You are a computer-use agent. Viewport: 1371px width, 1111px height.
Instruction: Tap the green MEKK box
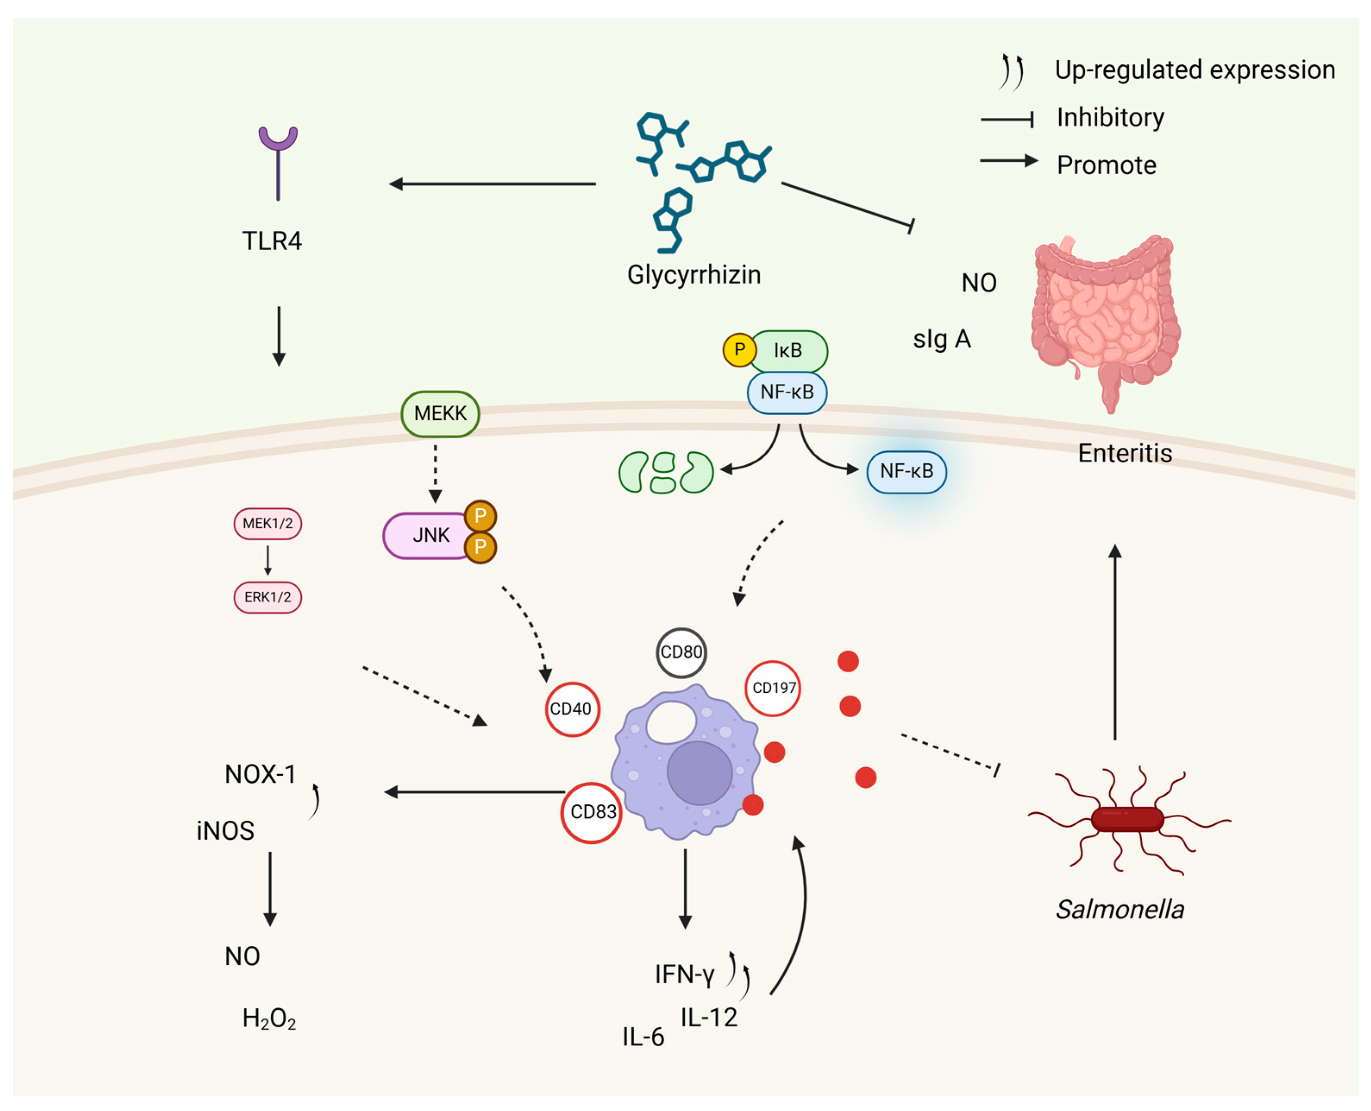coord(440,414)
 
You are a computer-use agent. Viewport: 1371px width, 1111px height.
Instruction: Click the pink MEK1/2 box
coord(267,524)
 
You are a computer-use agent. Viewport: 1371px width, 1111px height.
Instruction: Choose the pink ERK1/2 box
coord(267,597)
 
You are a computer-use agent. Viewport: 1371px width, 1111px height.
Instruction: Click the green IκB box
coord(788,351)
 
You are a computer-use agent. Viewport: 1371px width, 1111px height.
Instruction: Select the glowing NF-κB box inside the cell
coord(907,472)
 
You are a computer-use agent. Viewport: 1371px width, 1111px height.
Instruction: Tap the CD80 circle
coord(681,652)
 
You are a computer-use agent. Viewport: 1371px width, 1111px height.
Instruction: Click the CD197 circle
coord(773,688)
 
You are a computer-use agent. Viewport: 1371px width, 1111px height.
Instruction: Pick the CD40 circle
coord(572,709)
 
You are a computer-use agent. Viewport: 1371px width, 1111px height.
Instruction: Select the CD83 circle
coord(592,812)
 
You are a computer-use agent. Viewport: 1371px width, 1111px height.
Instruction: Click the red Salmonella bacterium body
coord(1127,819)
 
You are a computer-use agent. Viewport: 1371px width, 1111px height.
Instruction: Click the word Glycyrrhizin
coord(694,275)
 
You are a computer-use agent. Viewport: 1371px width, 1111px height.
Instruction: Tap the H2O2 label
coord(269,1018)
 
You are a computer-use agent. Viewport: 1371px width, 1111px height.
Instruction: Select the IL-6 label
coord(643,1037)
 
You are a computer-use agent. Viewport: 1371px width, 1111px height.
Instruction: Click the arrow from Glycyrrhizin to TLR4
coord(493,184)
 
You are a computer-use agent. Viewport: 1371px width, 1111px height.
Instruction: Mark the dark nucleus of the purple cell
coord(699,772)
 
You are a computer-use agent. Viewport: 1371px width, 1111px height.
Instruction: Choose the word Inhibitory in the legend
coord(1110,117)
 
